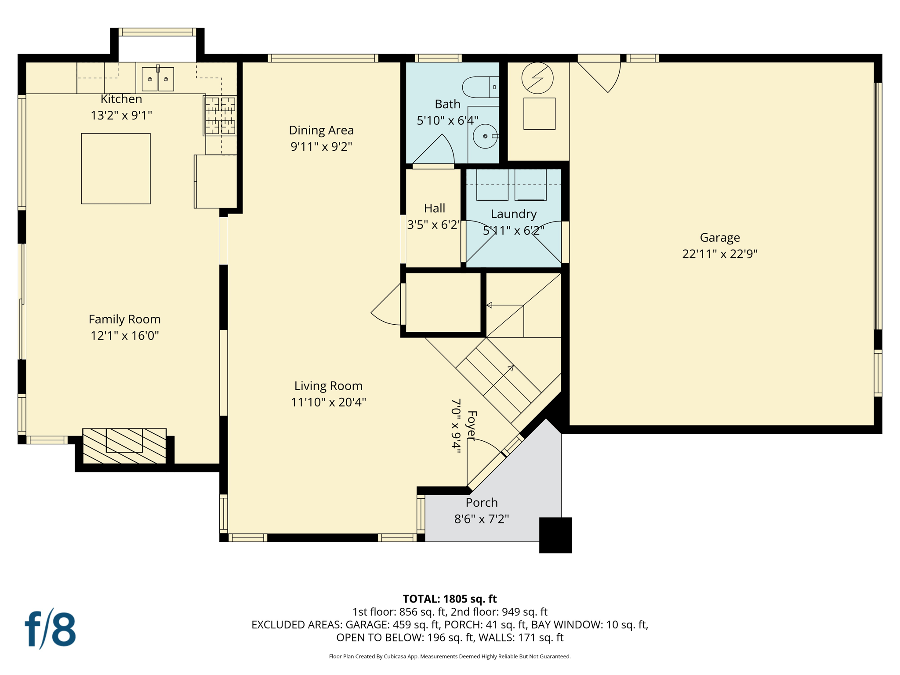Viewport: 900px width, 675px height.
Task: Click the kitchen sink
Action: tap(158, 79)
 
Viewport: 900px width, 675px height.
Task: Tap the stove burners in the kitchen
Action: tap(220, 116)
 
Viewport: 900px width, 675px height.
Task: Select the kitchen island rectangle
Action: tap(116, 168)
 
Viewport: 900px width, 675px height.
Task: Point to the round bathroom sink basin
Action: tap(485, 136)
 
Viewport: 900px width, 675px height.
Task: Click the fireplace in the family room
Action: tap(124, 446)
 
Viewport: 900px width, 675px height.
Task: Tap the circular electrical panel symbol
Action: tap(537, 78)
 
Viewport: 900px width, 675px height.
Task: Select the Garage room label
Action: tap(719, 238)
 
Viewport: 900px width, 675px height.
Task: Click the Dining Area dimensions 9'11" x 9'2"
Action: tap(321, 146)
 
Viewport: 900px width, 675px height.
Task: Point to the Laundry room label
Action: tap(513, 214)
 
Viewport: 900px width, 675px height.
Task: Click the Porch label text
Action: tap(482, 502)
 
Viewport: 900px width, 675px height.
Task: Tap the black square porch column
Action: tap(555, 535)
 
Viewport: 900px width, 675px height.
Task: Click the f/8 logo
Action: tap(50, 629)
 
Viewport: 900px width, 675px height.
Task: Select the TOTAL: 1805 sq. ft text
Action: tap(450, 599)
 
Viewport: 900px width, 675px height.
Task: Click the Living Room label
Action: tap(328, 386)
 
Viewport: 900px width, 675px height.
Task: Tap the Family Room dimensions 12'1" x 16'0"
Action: tap(124, 336)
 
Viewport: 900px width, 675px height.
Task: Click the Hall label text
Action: tap(434, 208)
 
